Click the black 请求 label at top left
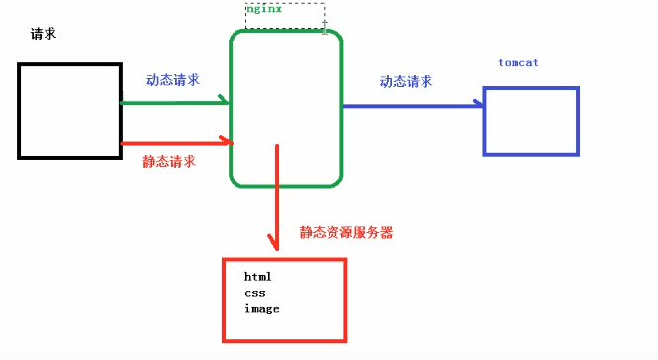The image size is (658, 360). (x=44, y=34)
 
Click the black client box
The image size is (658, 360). (x=69, y=110)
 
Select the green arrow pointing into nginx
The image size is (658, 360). (x=174, y=101)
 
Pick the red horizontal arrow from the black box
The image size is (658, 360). (x=174, y=144)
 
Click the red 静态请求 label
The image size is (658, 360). (x=169, y=160)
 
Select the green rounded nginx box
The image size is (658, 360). (x=286, y=109)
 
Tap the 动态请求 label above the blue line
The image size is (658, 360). (x=406, y=82)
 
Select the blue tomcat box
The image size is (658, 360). (x=530, y=121)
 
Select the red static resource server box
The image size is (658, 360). (x=284, y=301)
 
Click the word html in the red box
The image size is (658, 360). (x=257, y=276)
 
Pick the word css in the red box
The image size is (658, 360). (x=254, y=293)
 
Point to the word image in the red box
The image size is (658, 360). (x=261, y=309)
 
